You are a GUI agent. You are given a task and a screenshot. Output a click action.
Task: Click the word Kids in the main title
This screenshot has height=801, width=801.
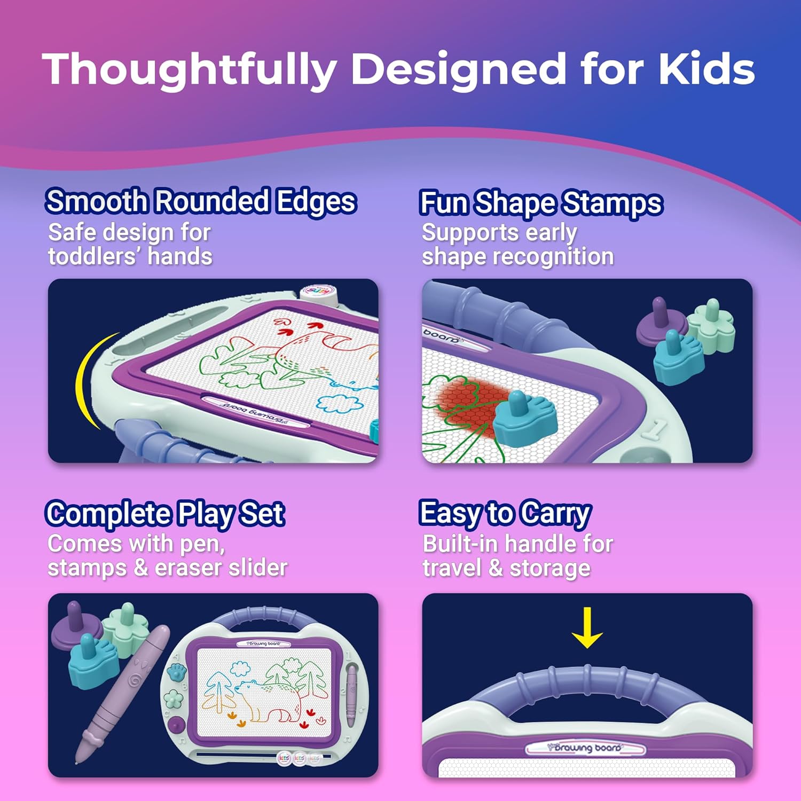tap(706, 69)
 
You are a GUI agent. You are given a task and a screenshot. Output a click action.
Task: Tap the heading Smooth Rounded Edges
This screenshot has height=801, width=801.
tap(201, 202)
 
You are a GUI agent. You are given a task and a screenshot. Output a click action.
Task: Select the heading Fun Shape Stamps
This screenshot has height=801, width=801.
tap(541, 203)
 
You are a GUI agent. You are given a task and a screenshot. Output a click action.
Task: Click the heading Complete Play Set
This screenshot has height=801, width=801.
tap(165, 514)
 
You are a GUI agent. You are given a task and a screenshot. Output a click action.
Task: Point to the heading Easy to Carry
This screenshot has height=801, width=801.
tap(505, 514)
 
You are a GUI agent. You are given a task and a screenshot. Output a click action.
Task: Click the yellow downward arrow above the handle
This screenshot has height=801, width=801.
tap(587, 627)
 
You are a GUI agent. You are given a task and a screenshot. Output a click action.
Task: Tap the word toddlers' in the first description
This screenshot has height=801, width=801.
tap(95, 256)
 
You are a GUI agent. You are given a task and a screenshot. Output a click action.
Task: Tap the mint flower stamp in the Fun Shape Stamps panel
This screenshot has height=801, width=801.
tap(711, 324)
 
